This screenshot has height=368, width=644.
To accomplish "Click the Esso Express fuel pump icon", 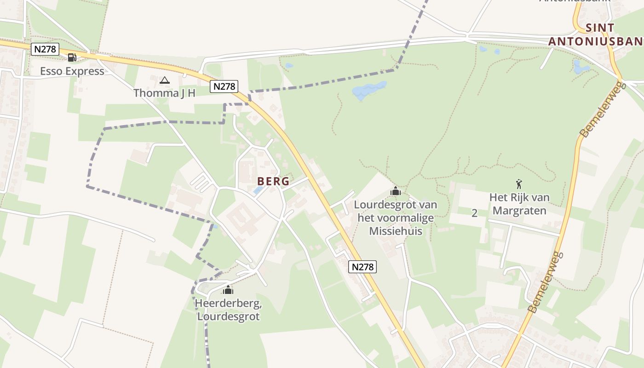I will (x=72, y=57).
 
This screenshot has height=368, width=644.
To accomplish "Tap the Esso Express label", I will (x=72, y=71).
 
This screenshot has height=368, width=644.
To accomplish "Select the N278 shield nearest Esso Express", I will (x=45, y=49).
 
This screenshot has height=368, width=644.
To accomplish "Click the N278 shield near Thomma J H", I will (x=224, y=86).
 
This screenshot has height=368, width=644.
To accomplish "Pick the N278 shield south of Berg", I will (x=362, y=267).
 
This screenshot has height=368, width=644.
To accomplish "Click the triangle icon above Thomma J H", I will (x=164, y=80).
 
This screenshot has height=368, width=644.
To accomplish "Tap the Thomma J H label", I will (x=164, y=93).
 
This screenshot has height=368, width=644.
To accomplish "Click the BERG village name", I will (x=273, y=181).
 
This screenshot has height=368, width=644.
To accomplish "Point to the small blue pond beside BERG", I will (x=258, y=190).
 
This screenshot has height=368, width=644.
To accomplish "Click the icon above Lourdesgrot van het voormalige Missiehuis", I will (x=395, y=191).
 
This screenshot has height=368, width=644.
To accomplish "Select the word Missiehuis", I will (x=396, y=231).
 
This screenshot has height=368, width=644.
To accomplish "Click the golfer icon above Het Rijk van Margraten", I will (x=519, y=184).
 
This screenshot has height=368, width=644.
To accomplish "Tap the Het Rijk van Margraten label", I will (x=519, y=204).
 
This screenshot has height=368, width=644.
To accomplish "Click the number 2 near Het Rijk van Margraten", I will (x=474, y=213).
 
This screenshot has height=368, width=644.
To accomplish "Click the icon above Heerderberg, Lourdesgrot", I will (x=228, y=290).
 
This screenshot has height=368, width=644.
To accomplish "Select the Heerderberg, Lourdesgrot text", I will (x=228, y=310).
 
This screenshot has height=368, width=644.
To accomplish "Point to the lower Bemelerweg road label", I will (x=546, y=282).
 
